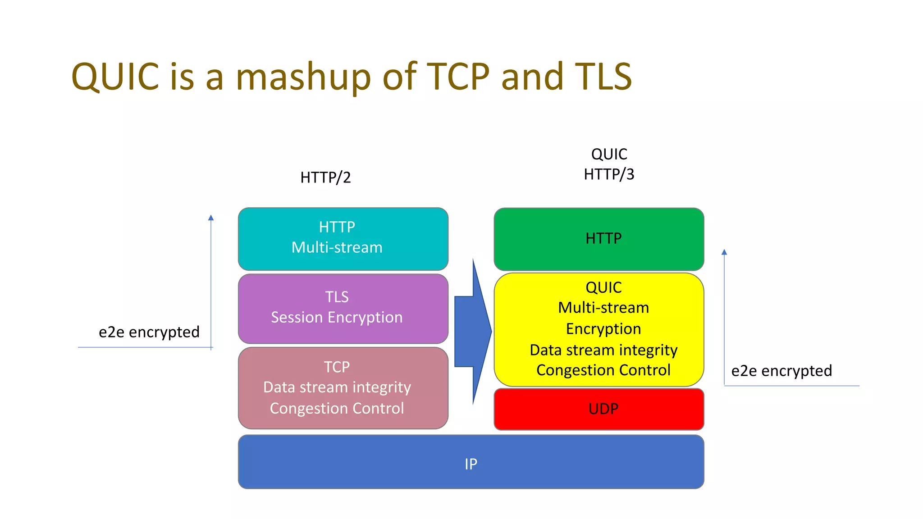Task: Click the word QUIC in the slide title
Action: pyautogui.click(x=115, y=77)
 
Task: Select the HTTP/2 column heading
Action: pyautogui.click(x=325, y=178)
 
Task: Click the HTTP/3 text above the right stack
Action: pyautogui.click(x=609, y=174)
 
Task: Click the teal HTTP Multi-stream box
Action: pyautogui.click(x=343, y=239)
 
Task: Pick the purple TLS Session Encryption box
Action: pyautogui.click(x=343, y=309)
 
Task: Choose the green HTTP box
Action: pyautogui.click(x=599, y=239)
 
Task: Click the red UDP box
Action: pyautogui.click(x=599, y=409)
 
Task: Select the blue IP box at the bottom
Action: pyautogui.click(x=471, y=462)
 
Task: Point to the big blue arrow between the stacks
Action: pyautogui.click(x=472, y=332)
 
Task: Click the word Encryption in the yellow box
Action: pyautogui.click(x=603, y=329)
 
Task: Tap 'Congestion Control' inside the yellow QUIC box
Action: pyautogui.click(x=603, y=370)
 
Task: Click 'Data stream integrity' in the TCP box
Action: pyautogui.click(x=337, y=387)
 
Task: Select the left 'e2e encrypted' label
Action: pyautogui.click(x=149, y=332)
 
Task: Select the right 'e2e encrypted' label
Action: pyautogui.click(x=781, y=371)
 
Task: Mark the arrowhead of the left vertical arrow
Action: pyautogui.click(x=211, y=218)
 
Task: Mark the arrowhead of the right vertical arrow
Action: pyautogui.click(x=724, y=252)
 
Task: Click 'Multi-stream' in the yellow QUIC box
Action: pyautogui.click(x=603, y=308)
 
